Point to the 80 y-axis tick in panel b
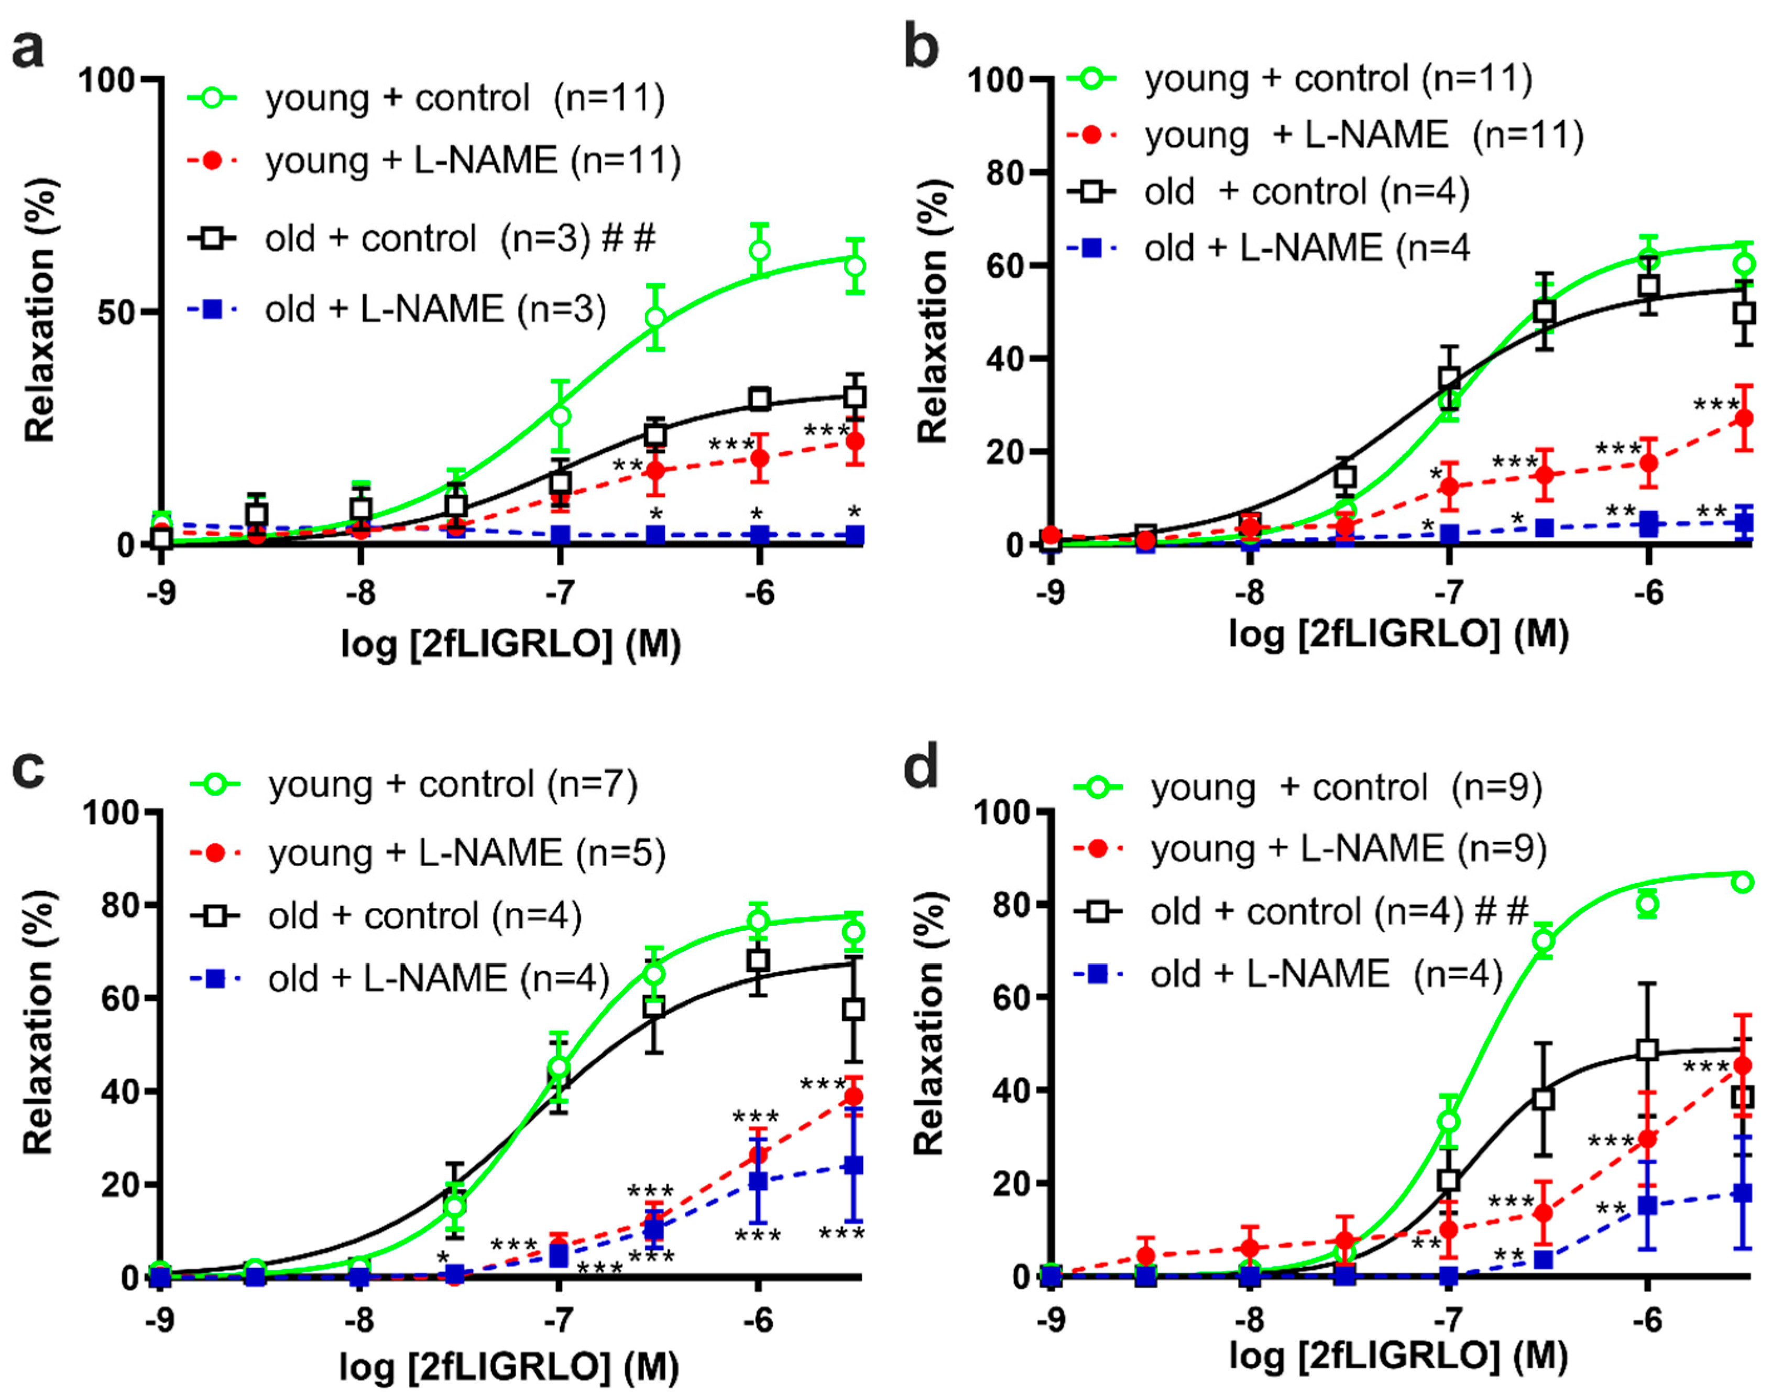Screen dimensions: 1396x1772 click(1005, 174)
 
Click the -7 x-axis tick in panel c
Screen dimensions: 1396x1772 click(559, 1320)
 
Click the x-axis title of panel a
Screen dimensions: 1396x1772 click(511, 644)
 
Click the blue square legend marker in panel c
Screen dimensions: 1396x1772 click(215, 978)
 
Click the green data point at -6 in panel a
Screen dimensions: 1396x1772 click(759, 250)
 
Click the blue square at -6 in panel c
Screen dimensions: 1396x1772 click(758, 1181)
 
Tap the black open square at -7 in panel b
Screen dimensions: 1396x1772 click(1449, 378)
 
